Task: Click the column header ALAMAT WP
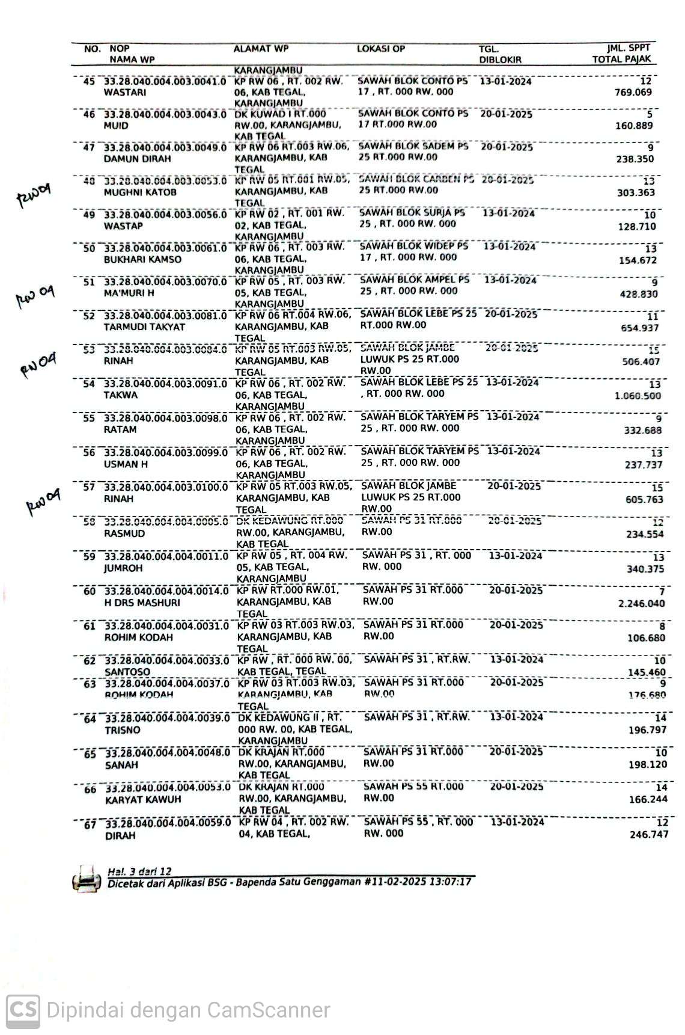[261, 49]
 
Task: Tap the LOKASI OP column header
[381, 49]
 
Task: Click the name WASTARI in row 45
[125, 93]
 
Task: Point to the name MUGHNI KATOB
[140, 192]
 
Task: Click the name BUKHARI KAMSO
[142, 260]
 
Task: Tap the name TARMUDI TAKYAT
[144, 327]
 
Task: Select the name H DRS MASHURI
[142, 603]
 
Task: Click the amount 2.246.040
[642, 603]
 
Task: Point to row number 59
[90, 556]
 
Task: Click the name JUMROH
[124, 568]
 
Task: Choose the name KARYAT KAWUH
[143, 800]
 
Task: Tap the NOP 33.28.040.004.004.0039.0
[168, 718]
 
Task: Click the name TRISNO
[123, 730]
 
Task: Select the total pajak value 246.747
[649, 834]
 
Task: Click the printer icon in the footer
[86, 879]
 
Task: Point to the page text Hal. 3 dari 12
[139, 871]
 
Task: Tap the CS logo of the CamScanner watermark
[23, 1010]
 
